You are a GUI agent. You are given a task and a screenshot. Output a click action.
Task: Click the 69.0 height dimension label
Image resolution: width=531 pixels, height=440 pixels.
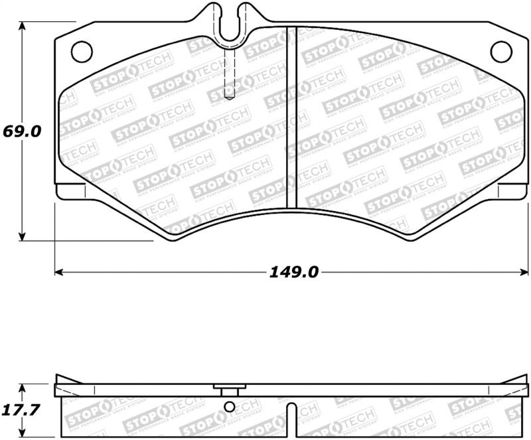coord(23,131)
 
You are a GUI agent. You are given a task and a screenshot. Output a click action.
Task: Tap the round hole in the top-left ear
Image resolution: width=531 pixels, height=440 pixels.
coord(81,49)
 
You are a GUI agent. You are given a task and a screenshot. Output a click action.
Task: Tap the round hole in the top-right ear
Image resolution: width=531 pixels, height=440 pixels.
coord(500,50)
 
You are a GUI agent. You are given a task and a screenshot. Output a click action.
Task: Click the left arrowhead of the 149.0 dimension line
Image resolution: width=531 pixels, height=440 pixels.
coord(58,272)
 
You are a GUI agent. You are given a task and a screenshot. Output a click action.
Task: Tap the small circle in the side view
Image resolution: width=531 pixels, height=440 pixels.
coord(230,407)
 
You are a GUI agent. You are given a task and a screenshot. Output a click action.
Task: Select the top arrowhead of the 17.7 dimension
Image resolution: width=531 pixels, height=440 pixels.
coord(23,387)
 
